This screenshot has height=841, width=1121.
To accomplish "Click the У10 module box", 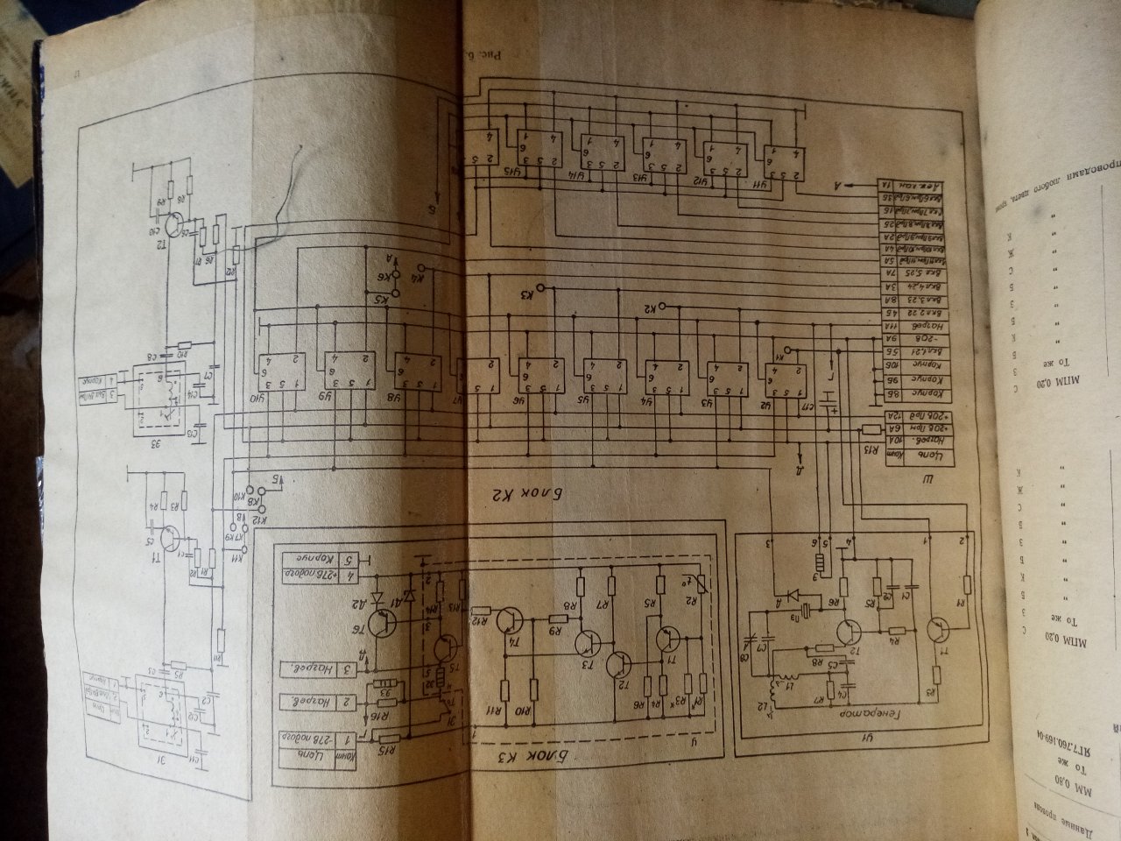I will (x=278, y=372).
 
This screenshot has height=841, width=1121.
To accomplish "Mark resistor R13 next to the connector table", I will (x=871, y=429).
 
